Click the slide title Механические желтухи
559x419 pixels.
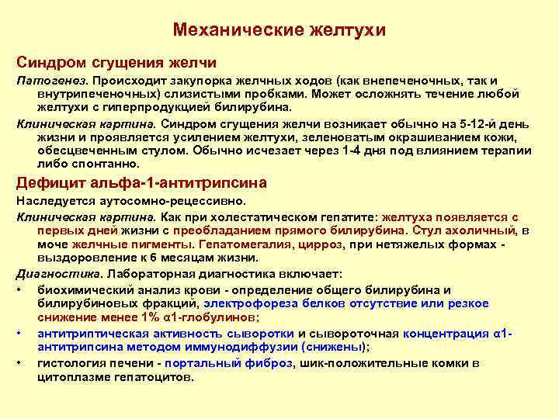[279, 30]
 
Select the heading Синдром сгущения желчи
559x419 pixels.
[116, 61]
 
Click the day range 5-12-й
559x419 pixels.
[473, 123]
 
